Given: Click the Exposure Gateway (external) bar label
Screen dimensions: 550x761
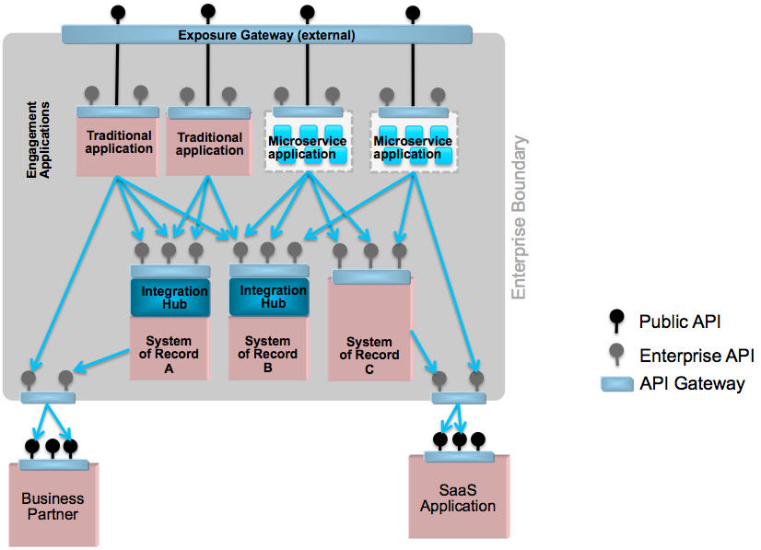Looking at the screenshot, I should tap(266, 35).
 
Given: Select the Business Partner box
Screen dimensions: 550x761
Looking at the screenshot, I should tap(53, 507).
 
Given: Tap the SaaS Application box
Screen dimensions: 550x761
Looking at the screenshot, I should tap(458, 499).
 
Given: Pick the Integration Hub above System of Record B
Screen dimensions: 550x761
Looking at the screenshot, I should tap(273, 297).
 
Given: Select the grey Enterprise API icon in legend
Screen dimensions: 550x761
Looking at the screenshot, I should tap(617, 355).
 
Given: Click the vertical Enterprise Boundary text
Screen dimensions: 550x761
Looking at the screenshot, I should tap(520, 217).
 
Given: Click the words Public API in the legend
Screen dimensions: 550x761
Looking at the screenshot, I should tap(678, 322).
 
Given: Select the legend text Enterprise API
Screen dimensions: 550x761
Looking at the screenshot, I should tap(697, 355).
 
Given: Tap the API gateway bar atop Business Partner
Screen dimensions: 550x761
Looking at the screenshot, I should tap(53, 464).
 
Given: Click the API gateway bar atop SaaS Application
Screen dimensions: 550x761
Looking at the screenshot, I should tap(458, 457).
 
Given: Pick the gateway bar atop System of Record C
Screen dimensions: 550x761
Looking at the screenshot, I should tap(371, 275).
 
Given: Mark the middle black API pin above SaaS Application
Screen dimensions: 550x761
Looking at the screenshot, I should tap(460, 440).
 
